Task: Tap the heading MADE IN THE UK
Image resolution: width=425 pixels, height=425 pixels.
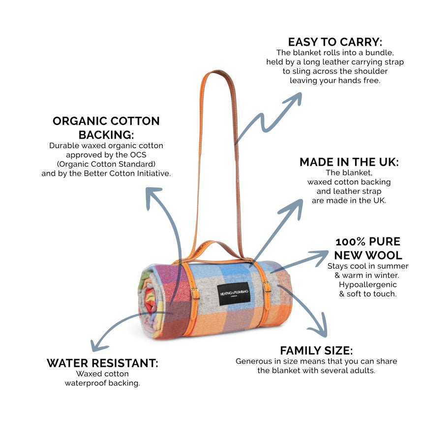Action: [349, 162]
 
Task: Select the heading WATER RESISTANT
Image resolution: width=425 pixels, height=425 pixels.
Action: [102, 363]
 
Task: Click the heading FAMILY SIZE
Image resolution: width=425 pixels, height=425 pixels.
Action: [316, 351]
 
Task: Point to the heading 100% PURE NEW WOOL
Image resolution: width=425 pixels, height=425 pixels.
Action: [367, 248]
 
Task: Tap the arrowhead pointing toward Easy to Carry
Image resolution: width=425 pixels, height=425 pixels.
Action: [294, 98]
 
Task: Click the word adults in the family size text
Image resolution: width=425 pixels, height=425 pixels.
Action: [363, 370]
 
